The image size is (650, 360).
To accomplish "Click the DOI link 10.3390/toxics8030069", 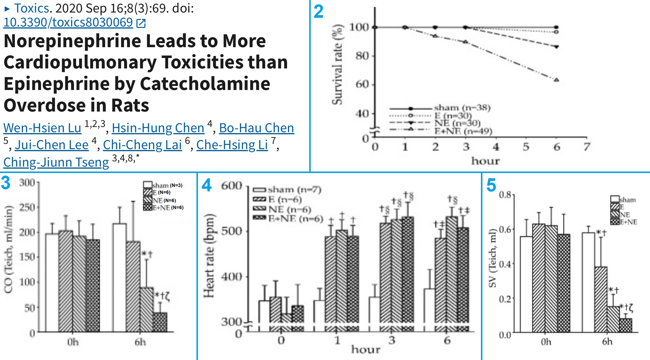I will click(x=68, y=22).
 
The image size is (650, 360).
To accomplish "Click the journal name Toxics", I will click(x=32, y=8).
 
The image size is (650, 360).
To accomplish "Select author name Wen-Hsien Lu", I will click(x=42, y=128).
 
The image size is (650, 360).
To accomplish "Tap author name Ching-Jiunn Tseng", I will click(x=56, y=162).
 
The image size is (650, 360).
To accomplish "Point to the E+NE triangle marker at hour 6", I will click(x=556, y=80).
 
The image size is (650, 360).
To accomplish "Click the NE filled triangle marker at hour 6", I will click(x=556, y=47).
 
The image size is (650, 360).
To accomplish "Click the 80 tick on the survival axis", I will click(x=362, y=56).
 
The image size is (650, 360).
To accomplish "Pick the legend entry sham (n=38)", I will click(x=462, y=108).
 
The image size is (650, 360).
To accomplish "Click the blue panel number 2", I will click(x=318, y=12).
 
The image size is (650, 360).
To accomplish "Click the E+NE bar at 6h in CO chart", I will click(x=160, y=322).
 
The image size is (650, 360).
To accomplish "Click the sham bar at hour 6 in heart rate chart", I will click(x=429, y=306).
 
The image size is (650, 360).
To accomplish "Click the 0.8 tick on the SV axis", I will click(x=505, y=194).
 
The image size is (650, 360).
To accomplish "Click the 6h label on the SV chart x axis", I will click(x=607, y=341).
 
